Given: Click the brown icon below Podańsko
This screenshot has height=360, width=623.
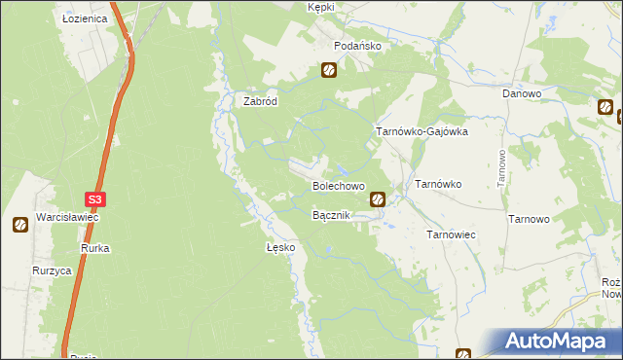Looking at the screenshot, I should click(329, 70).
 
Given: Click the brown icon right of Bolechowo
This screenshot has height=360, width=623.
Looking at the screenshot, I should click(378, 200).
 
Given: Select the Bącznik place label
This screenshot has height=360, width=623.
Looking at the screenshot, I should click(330, 215).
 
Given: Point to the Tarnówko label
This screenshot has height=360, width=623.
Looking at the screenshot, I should click(438, 184).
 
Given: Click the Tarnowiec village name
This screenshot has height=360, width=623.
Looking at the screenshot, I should click(451, 235).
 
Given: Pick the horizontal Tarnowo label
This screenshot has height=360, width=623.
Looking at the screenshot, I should click(530, 220).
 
